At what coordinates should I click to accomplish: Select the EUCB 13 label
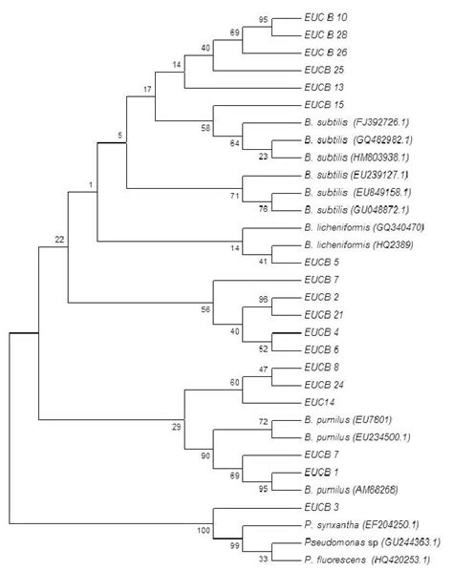pyautogui.click(x=325, y=85)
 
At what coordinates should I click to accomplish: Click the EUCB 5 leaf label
pyautogui.click(x=322, y=259)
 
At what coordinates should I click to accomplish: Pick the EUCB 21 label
pyautogui.click(x=323, y=313)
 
